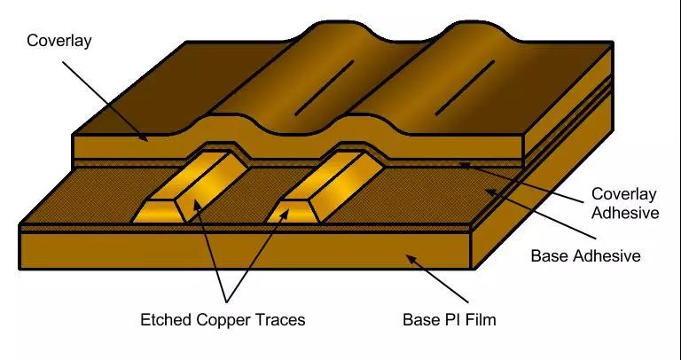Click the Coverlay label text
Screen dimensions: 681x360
point(59,41)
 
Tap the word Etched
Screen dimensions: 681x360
point(167,320)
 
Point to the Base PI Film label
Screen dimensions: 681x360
point(450,320)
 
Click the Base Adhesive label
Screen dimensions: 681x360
point(586,255)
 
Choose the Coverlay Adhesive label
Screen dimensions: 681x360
point(624,203)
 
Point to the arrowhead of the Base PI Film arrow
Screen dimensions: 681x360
point(410,259)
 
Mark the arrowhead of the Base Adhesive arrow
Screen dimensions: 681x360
point(489,192)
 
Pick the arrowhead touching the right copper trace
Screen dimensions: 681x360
point(286,212)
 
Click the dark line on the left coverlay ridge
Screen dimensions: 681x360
point(324,88)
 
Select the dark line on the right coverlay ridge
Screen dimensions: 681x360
point(465,88)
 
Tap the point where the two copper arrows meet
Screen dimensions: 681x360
point(226,301)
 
